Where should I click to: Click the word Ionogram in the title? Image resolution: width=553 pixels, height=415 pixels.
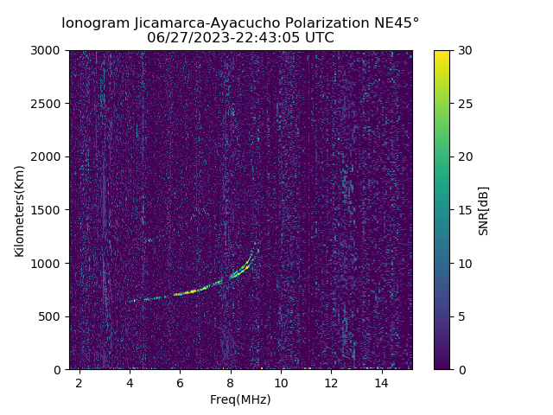click(96, 22)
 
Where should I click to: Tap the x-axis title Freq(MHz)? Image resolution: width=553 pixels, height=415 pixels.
click(240, 399)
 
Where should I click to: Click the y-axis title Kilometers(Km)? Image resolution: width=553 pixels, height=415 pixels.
click(20, 210)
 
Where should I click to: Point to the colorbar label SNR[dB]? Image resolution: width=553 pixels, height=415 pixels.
click(483, 210)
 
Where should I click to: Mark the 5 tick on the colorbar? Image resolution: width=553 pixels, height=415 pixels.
click(461, 316)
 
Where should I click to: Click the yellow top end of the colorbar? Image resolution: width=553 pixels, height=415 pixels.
click(442, 53)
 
